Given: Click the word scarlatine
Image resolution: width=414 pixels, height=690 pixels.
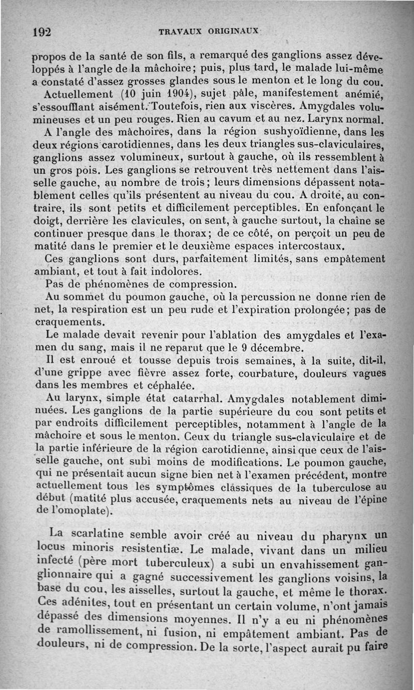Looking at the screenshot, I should [109, 534].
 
